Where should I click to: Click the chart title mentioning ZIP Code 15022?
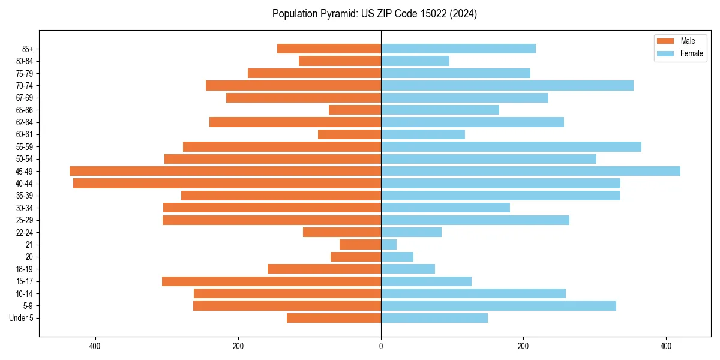374,14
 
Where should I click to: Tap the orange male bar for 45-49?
225,171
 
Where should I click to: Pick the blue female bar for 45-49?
530,171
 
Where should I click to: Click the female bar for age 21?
389,244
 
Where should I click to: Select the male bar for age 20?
356,257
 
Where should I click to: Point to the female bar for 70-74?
507,85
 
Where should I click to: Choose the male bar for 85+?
329,49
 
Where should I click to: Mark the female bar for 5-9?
498,305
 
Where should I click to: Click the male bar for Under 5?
334,318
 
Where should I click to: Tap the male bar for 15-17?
271,281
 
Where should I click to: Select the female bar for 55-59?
511,146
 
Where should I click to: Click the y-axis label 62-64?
24,122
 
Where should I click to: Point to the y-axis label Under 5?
21,318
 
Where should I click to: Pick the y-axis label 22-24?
24,232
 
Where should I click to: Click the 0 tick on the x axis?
381,346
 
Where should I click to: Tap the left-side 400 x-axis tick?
95,346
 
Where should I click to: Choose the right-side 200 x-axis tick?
523,346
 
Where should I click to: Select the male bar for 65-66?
355,110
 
